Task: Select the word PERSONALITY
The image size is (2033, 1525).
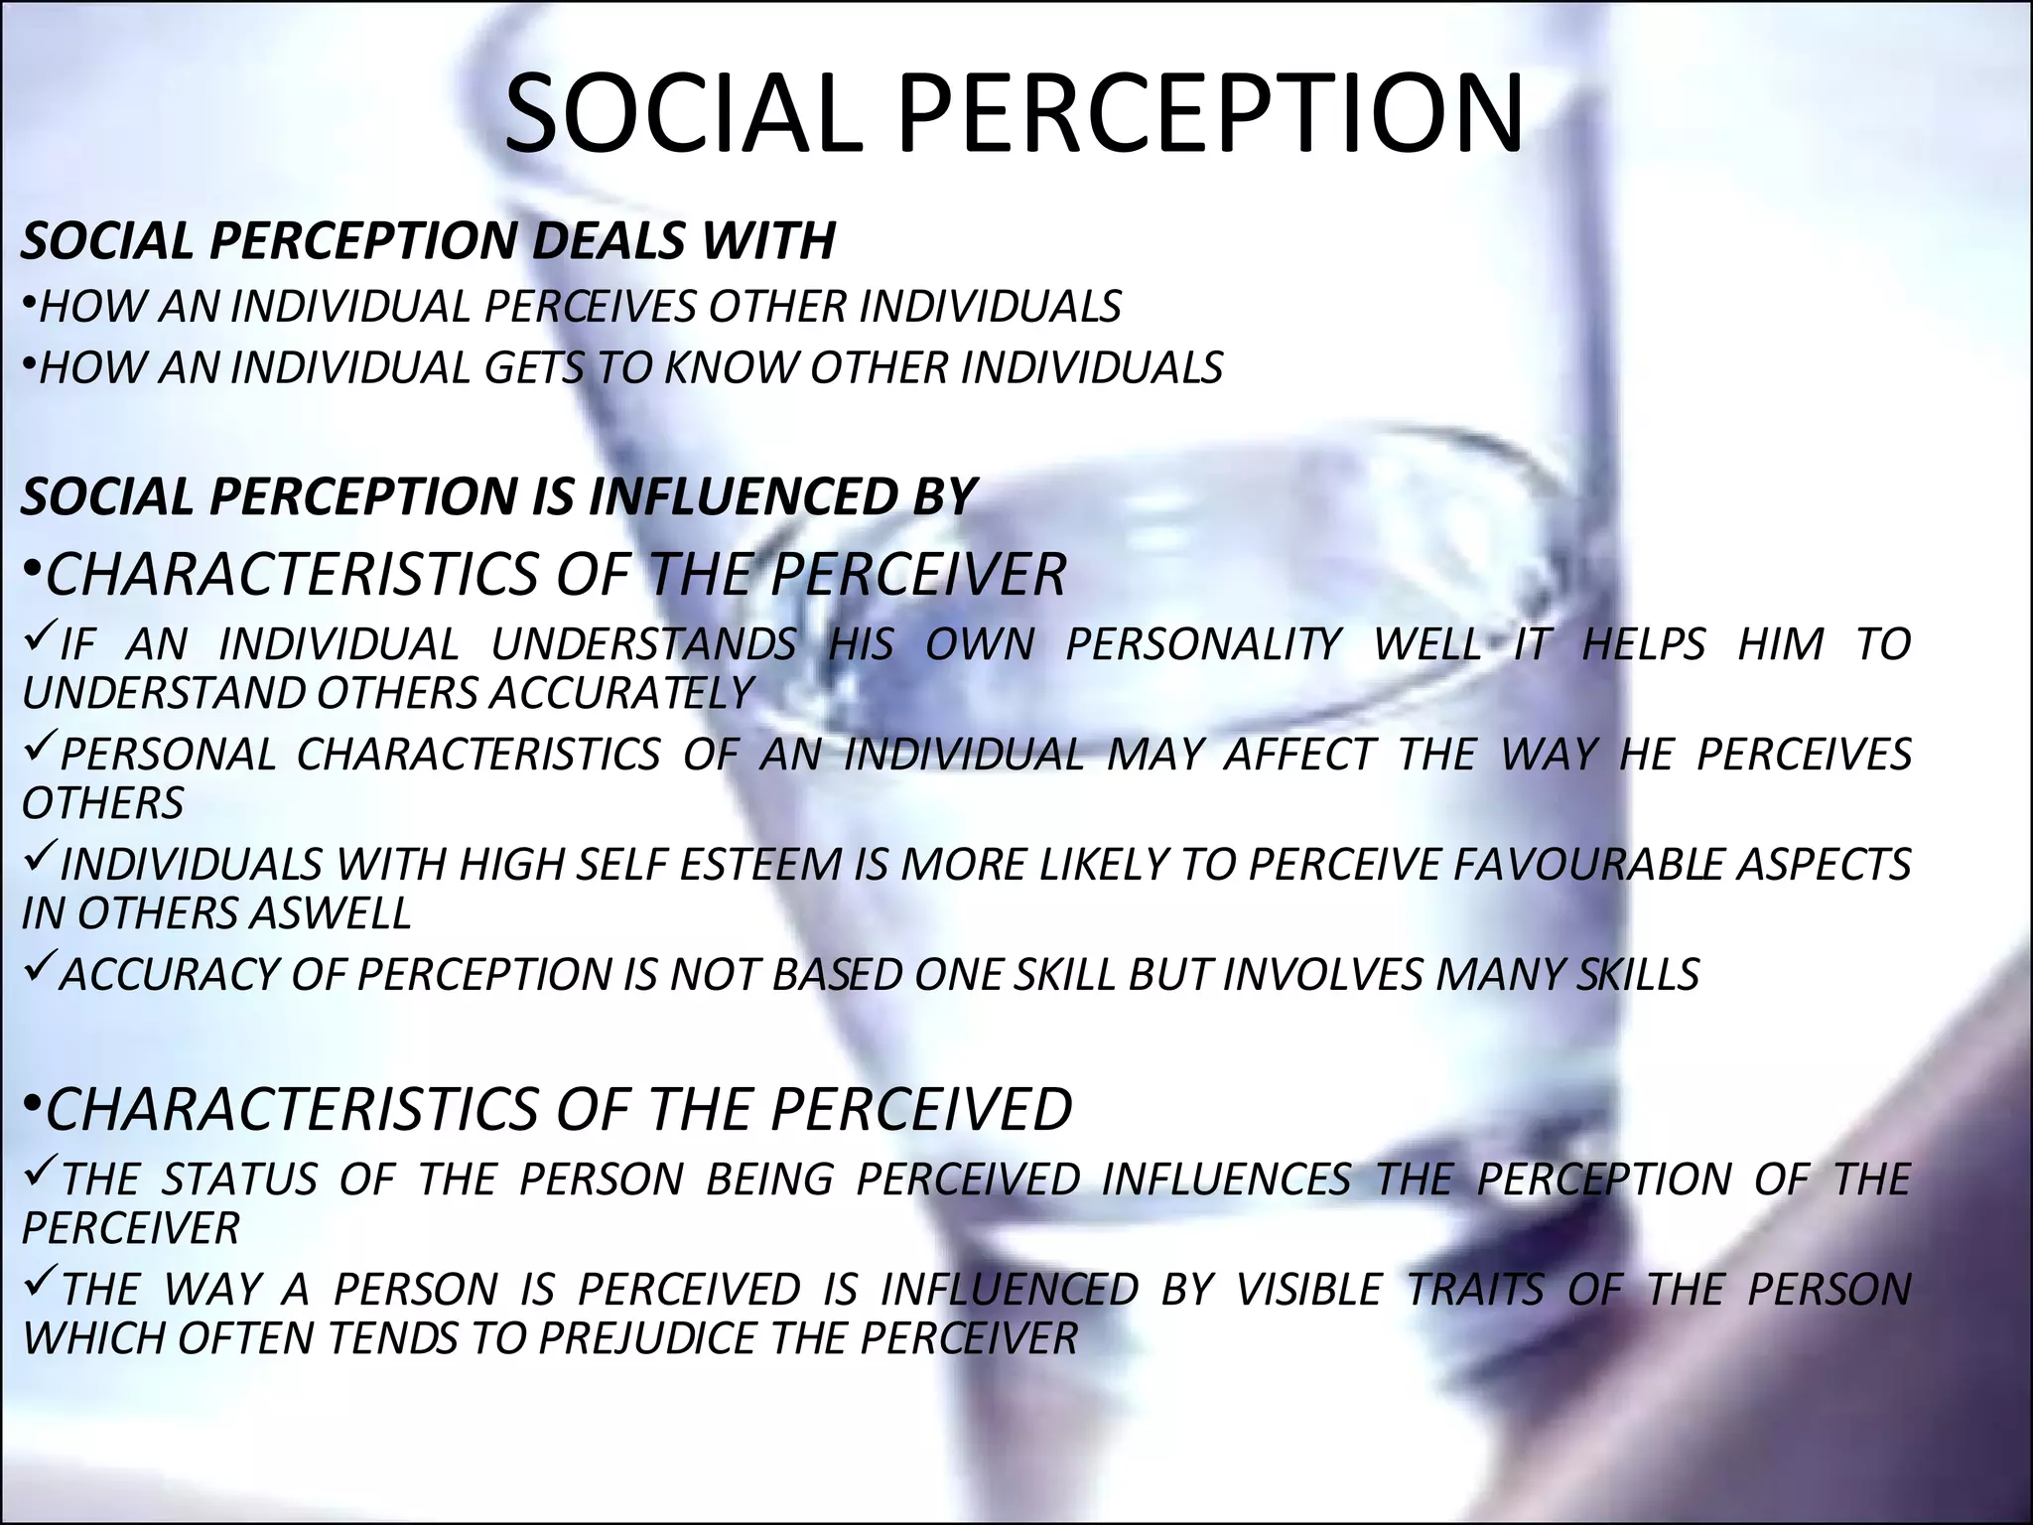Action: point(1203,644)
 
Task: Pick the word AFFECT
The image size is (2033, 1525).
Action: point(1299,755)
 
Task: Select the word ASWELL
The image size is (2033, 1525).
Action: point(329,913)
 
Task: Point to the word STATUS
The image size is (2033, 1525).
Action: point(239,1179)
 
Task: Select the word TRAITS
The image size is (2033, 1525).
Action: point(1475,1290)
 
